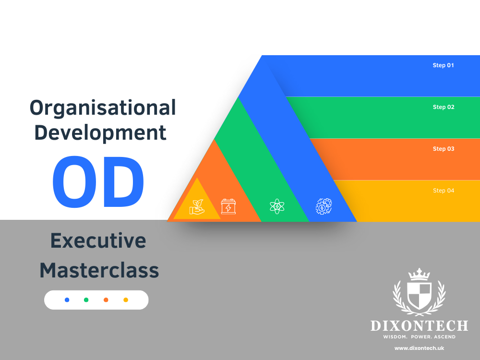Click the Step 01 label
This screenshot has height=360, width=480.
(443, 65)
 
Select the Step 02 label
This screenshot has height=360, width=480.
(443, 107)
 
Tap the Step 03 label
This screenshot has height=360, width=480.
(443, 149)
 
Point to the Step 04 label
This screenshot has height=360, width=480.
(443, 191)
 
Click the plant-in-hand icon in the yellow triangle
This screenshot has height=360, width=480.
(197, 207)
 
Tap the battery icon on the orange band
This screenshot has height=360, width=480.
(228, 206)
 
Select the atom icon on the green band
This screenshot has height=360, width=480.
(277, 206)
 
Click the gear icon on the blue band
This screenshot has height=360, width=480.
(324, 206)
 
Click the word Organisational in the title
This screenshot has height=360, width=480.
(103, 108)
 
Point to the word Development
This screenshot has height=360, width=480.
(101, 132)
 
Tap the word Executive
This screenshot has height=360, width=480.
(98, 240)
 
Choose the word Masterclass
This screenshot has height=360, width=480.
(99, 270)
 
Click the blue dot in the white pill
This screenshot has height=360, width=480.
(67, 300)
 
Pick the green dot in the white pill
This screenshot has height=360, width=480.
(86, 300)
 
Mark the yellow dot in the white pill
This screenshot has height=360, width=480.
(126, 300)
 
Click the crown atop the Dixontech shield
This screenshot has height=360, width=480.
(419, 274)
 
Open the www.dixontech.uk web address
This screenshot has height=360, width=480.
(419, 348)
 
